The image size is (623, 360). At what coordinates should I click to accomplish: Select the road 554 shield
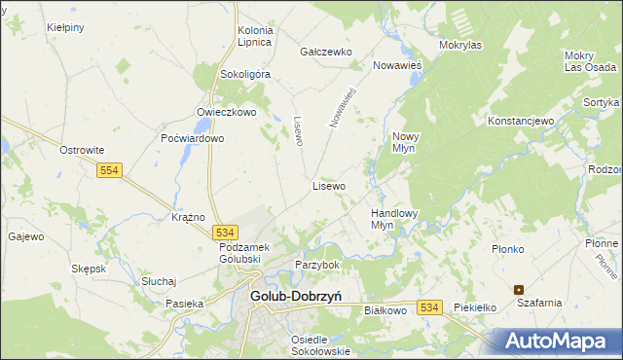point(109,170)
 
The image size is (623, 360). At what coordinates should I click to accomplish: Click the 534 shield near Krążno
point(225,233)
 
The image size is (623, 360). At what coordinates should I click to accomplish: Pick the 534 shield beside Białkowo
point(431,306)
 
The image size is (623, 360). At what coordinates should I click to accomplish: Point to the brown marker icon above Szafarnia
point(519,289)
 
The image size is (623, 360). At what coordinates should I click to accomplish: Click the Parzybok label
point(317,265)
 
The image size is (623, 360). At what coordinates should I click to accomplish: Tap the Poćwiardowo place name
point(193,138)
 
